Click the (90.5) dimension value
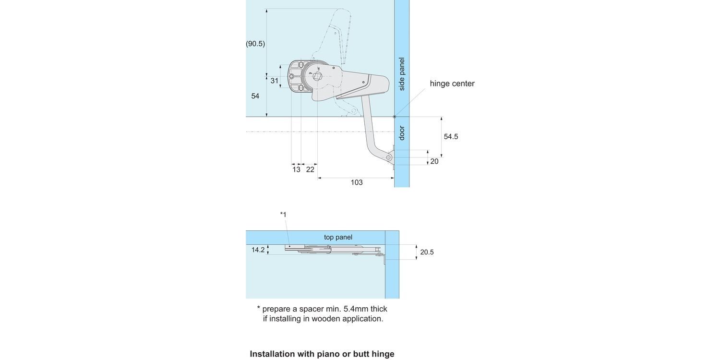[x=255, y=44]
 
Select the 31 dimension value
[x=274, y=81]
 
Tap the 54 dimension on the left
[x=255, y=96]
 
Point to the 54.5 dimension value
[x=451, y=136]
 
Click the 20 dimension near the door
[x=434, y=161]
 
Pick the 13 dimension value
[x=296, y=169]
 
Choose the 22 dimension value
[x=310, y=169]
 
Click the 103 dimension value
[x=356, y=182]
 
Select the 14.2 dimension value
[x=258, y=250]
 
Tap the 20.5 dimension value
[x=427, y=252]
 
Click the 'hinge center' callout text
[x=452, y=84]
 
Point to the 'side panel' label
[x=402, y=74]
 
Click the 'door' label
[x=402, y=133]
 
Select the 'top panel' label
[x=338, y=237]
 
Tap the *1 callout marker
[x=283, y=214]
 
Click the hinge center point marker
[x=395, y=117]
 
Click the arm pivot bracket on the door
[x=390, y=157]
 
